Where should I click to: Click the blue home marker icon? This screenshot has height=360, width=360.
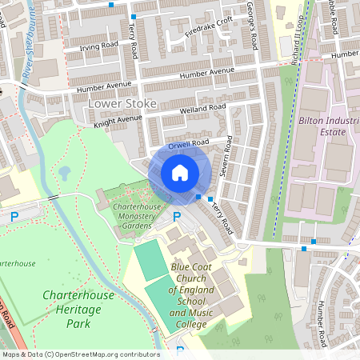pos(180,173)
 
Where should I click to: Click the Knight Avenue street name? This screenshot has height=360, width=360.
pos(117,120)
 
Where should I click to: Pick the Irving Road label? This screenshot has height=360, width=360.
pos(101,48)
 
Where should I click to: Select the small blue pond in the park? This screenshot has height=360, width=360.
pos(64,173)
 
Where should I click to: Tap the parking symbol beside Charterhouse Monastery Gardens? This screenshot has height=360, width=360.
pos(177,217)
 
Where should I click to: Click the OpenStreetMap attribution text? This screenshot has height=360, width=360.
pos(80,354)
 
